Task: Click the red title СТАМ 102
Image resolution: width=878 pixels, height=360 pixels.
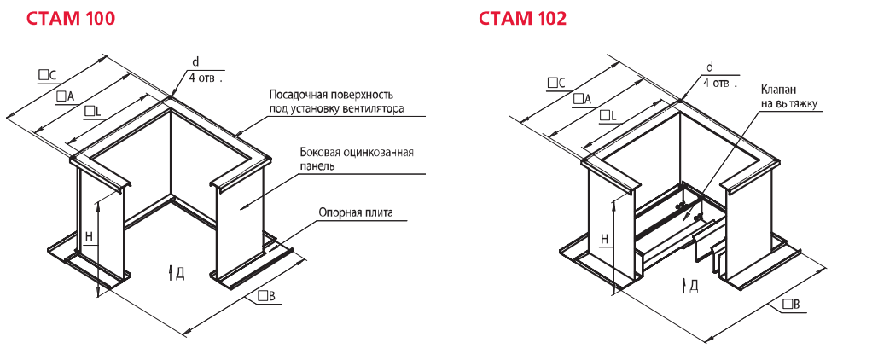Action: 522,18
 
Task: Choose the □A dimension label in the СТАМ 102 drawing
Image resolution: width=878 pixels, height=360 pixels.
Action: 583,100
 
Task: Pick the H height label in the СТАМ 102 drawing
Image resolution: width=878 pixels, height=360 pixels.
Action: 604,240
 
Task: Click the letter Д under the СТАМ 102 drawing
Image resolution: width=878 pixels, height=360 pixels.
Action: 694,285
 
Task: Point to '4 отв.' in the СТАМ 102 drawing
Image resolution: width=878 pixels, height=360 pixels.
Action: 716,83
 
